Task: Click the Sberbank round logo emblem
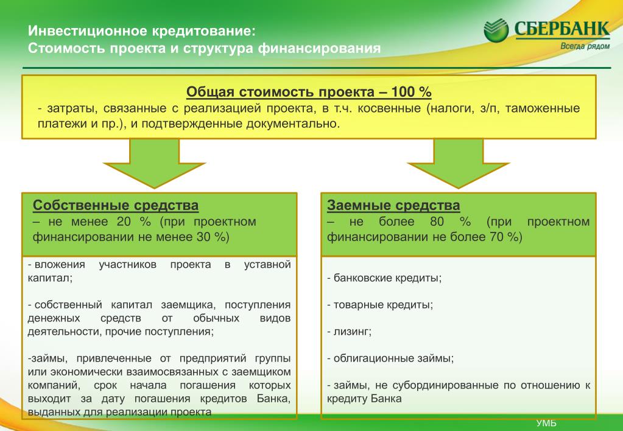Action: (496, 30)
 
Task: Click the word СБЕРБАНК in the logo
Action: (562, 29)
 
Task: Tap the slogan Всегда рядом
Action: (585, 46)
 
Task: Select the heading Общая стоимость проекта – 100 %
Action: (309, 92)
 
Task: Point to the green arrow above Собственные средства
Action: (154, 163)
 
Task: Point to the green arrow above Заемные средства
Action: (458, 163)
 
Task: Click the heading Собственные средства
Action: (116, 205)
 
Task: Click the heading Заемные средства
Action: (393, 205)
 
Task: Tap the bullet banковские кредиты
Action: (384, 278)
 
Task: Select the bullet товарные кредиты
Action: (380, 304)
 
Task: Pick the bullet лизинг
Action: (349, 332)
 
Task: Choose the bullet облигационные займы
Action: (390, 359)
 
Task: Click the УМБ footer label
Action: (546, 423)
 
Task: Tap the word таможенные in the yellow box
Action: (543, 108)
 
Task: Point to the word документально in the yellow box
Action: (293, 124)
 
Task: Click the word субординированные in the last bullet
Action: (445, 385)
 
